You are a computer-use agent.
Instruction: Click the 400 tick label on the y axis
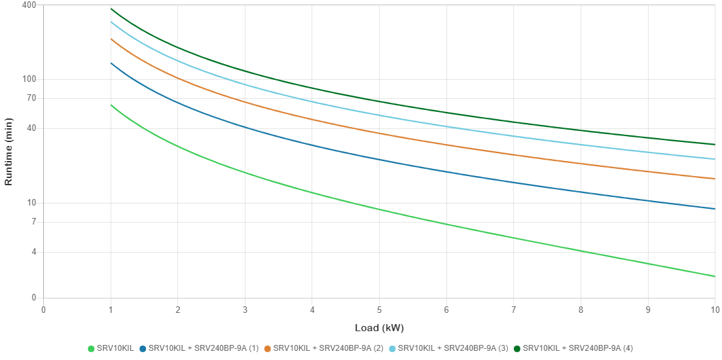pos(30,5)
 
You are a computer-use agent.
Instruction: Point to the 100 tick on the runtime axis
pos(30,79)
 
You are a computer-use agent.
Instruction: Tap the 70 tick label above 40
pos(31,98)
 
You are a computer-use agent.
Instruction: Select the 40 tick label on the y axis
pos(31,128)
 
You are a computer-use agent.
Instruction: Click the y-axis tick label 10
pos(31,202)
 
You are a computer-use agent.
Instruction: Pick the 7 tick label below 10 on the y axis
pos(33,221)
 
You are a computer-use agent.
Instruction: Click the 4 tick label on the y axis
pos(33,251)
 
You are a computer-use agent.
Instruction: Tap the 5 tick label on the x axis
pos(379,310)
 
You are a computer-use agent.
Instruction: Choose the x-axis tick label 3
pos(245,310)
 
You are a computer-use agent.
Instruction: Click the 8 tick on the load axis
pos(581,310)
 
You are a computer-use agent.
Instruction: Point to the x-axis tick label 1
pos(111,310)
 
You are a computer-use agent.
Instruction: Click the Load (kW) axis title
pos(379,327)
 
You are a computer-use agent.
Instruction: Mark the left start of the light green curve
pos(111,105)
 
